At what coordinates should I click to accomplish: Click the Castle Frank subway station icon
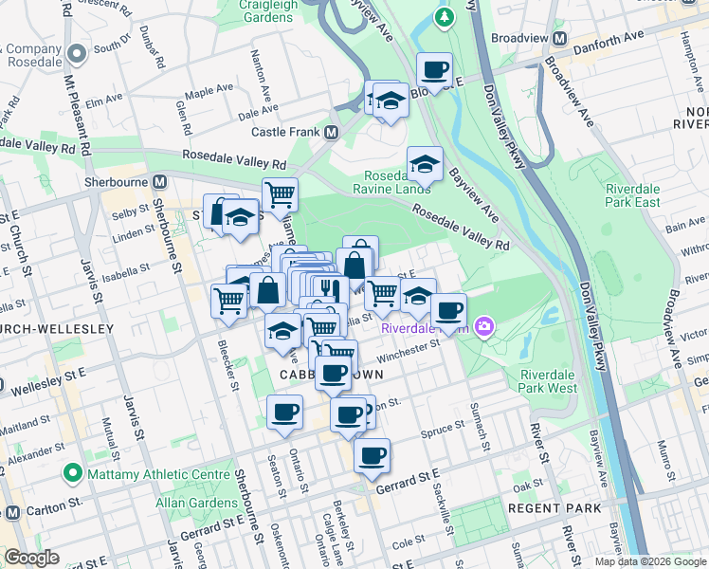[x=332, y=132]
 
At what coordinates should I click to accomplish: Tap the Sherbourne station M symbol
[x=159, y=181]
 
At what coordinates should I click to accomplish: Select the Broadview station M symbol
[x=559, y=40]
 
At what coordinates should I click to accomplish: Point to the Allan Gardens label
[x=198, y=503]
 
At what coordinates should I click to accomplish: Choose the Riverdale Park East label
[x=633, y=195]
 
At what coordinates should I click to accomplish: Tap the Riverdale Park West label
[x=548, y=381]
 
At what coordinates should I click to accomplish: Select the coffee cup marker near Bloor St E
[x=434, y=69]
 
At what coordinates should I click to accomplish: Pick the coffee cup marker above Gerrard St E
[x=373, y=455]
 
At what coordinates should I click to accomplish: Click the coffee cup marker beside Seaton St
[x=284, y=413]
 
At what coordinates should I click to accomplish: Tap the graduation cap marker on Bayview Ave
[x=426, y=163]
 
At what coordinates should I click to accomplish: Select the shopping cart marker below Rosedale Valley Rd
[x=280, y=194]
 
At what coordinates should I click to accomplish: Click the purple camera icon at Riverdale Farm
[x=485, y=327]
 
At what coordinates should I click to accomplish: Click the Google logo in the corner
[x=31, y=558]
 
